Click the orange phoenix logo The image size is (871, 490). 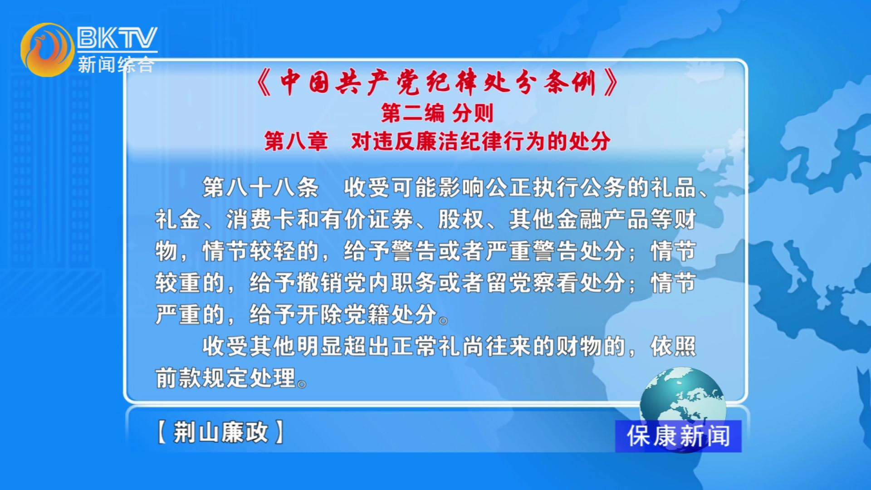[47, 50]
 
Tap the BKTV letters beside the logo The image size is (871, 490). [117, 38]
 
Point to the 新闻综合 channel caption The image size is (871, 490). [116, 64]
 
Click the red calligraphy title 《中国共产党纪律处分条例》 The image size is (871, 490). [437, 83]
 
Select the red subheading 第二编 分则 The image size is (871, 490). [437, 113]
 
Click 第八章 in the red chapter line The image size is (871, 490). [296, 141]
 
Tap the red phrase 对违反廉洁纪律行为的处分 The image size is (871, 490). [480, 141]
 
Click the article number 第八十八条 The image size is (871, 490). [260, 187]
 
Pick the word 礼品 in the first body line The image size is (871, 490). [673, 187]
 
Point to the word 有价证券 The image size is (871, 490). [367, 219]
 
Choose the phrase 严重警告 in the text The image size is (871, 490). [532, 251]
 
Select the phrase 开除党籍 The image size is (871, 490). [343, 314]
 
